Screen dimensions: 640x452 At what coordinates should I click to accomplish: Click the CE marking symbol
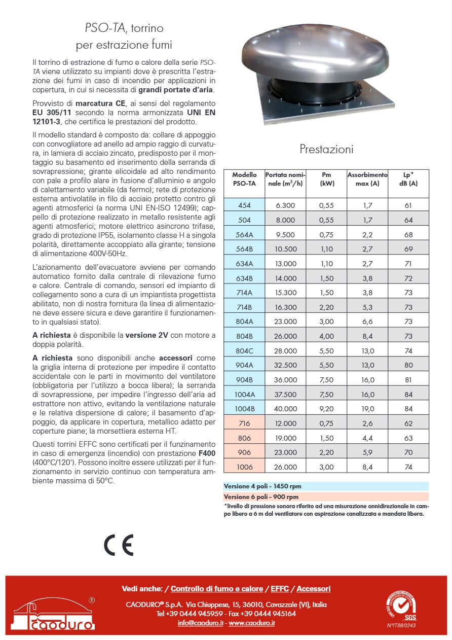pos(119,546)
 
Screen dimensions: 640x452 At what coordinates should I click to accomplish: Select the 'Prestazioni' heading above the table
pos(326,149)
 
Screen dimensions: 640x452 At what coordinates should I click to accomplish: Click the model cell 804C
pos(244,350)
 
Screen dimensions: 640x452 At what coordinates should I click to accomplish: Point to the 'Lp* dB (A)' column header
pos(408,179)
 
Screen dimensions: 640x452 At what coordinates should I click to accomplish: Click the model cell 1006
pos(244,467)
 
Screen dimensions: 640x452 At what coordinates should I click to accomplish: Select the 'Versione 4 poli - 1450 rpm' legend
pos(261,486)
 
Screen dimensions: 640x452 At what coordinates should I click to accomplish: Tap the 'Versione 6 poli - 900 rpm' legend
pos(261,496)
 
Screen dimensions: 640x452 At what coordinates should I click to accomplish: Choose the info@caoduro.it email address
pos(200,623)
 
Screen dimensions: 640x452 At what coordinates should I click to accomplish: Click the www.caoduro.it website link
pos(251,623)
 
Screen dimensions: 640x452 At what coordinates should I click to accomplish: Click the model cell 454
pos(244,205)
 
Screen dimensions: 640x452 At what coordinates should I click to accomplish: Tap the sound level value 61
pos(408,205)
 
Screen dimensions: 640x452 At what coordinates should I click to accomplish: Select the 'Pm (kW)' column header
pos(326,179)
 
